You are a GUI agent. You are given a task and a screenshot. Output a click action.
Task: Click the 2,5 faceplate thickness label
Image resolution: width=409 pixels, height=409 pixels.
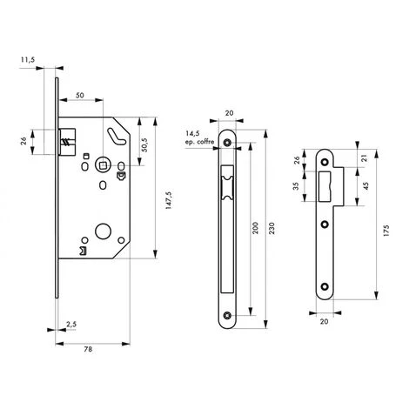click(x=70, y=325)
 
